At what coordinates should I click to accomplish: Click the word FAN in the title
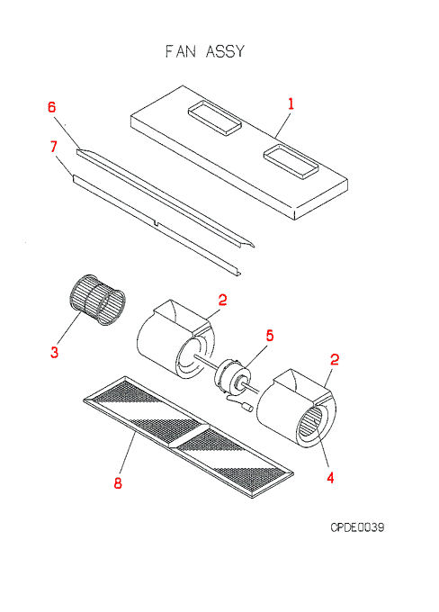pos(180,52)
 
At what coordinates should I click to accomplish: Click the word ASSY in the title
pos(225,52)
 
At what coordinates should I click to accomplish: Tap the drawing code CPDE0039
pos(357,527)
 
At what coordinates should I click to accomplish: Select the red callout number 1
pos(291,103)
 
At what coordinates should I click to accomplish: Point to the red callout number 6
pos(52,107)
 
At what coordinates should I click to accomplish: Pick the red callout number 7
pos(53,147)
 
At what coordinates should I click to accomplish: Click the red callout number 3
pos(54,352)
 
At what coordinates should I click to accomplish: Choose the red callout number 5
pos(270,336)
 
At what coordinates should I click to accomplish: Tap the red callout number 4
pos(330,477)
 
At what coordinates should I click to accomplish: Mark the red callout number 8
pos(118,483)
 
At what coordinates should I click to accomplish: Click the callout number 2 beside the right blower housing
pos(335,359)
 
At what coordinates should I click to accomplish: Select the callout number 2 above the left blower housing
pos(222,300)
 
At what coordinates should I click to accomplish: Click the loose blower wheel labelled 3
pos(97,300)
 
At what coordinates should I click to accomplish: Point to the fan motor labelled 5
pos(233,376)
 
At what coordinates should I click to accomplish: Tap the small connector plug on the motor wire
pos(246,408)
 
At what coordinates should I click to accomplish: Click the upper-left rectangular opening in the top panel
pos(214,118)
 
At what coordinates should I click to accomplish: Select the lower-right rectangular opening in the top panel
pos(291,161)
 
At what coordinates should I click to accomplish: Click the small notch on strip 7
pos(157,223)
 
